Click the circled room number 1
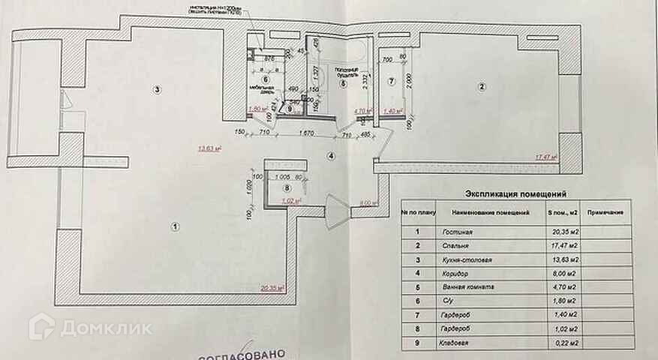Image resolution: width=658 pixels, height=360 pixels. pos(174,226)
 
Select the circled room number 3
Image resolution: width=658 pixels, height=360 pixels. pos(157,90)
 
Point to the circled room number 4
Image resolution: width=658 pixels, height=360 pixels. pos(330,155)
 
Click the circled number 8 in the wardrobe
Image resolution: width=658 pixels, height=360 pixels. pos(277,189)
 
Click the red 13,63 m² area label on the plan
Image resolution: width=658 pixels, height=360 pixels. pos(209,148)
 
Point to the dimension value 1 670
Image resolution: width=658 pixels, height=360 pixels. pos(305,133)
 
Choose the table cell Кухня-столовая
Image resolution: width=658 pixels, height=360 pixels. pos(464,261)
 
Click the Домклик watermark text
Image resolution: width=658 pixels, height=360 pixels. pos(106,328)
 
